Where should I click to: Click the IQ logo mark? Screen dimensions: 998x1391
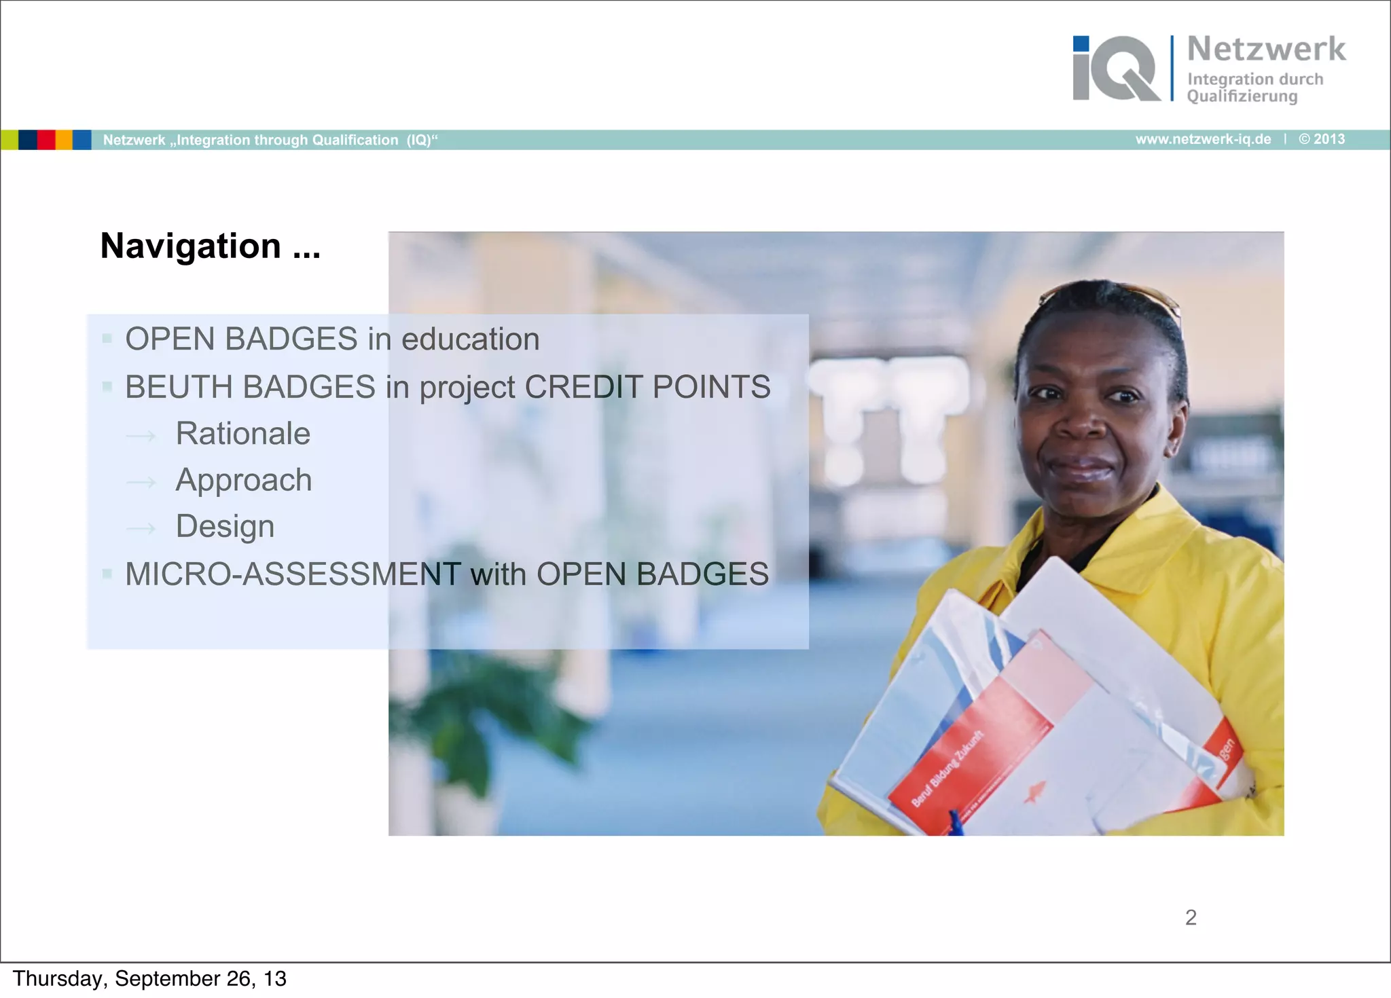(x=1115, y=69)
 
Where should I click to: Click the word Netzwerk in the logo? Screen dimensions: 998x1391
(x=1266, y=50)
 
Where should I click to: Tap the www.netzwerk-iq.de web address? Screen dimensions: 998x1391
(x=1203, y=139)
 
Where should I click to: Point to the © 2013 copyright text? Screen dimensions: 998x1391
(x=1322, y=139)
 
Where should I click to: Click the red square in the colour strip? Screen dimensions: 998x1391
(x=46, y=140)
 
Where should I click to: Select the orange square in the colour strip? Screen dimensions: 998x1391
(x=64, y=140)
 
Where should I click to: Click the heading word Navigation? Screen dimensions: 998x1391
(x=191, y=246)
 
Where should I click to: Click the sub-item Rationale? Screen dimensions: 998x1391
(x=242, y=434)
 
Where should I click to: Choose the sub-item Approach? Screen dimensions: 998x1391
(x=244, y=481)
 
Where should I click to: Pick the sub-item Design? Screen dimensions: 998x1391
(x=225, y=527)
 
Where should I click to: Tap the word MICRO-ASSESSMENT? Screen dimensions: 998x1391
(x=293, y=574)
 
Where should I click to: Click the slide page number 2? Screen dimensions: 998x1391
(x=1191, y=918)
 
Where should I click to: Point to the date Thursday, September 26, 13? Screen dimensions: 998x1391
(x=149, y=979)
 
